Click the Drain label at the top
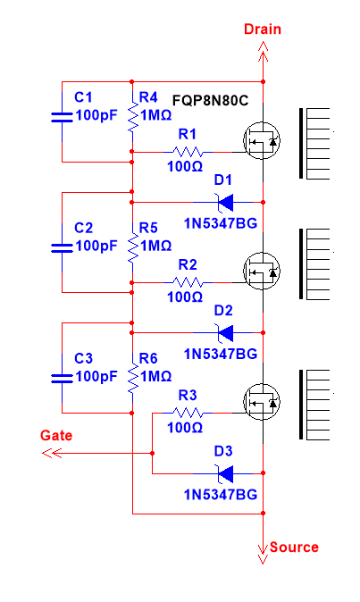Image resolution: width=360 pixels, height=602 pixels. pos(263,29)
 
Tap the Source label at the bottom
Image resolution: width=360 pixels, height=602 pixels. pos(294,548)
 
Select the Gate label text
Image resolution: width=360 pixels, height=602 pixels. pos(56,435)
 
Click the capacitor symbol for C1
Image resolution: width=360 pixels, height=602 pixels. pos(62,118)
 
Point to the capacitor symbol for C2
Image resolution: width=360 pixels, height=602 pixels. pos(62,248)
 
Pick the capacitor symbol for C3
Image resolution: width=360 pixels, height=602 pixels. pos(62,379)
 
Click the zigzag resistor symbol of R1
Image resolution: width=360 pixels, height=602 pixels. pos(188,152)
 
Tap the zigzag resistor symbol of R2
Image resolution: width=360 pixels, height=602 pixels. pos(188,282)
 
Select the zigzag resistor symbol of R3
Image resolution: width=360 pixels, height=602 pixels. pos(188,414)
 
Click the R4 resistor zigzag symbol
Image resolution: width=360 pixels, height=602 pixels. pos(133,117)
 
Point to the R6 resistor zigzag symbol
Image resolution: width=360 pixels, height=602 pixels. pos(133,378)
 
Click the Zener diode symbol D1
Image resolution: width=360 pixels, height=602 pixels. pos(225,202)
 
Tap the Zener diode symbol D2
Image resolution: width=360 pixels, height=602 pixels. pos(225,332)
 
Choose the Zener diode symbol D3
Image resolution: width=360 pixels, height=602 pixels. pos(225,473)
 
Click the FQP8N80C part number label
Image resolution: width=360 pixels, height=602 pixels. pos(210,101)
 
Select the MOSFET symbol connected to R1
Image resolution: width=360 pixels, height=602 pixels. pos(262,140)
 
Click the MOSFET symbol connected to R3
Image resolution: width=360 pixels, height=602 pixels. pos(262,402)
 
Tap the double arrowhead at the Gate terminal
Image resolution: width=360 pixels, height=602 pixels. pos(52,454)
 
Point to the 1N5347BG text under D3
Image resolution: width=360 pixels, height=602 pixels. pos(221,495)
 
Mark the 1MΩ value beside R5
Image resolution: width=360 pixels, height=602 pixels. pos(155,246)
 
